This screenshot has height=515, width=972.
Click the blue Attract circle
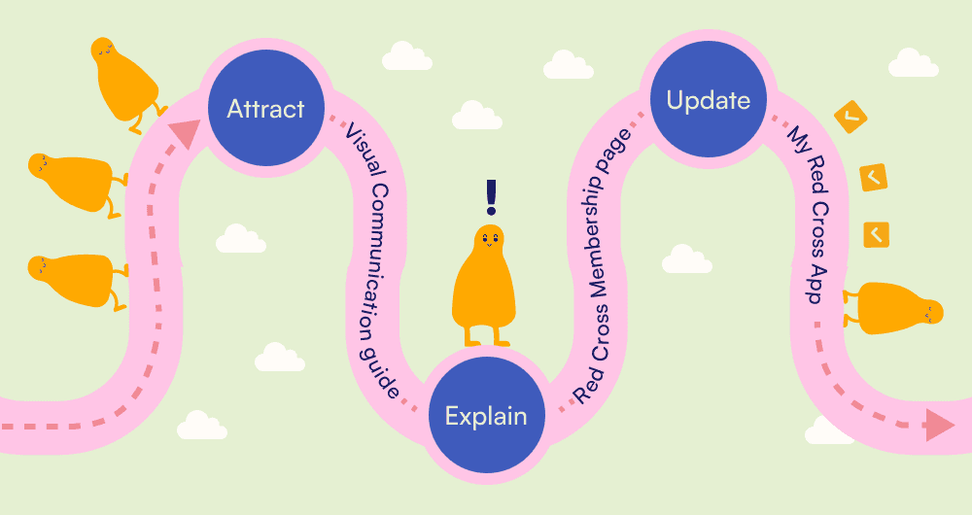pyautogui.click(x=265, y=108)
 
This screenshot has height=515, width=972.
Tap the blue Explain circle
pyautogui.click(x=485, y=416)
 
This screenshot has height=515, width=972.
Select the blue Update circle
pyautogui.click(x=709, y=100)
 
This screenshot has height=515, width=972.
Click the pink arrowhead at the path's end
pyautogui.click(x=939, y=425)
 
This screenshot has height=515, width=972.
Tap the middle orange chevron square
pyautogui.click(x=873, y=177)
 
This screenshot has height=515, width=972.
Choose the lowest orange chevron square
pyautogui.click(x=876, y=234)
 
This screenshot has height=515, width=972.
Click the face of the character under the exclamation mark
pyautogui.click(x=489, y=238)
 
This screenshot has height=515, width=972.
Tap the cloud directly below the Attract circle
pyautogui.click(x=240, y=238)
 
